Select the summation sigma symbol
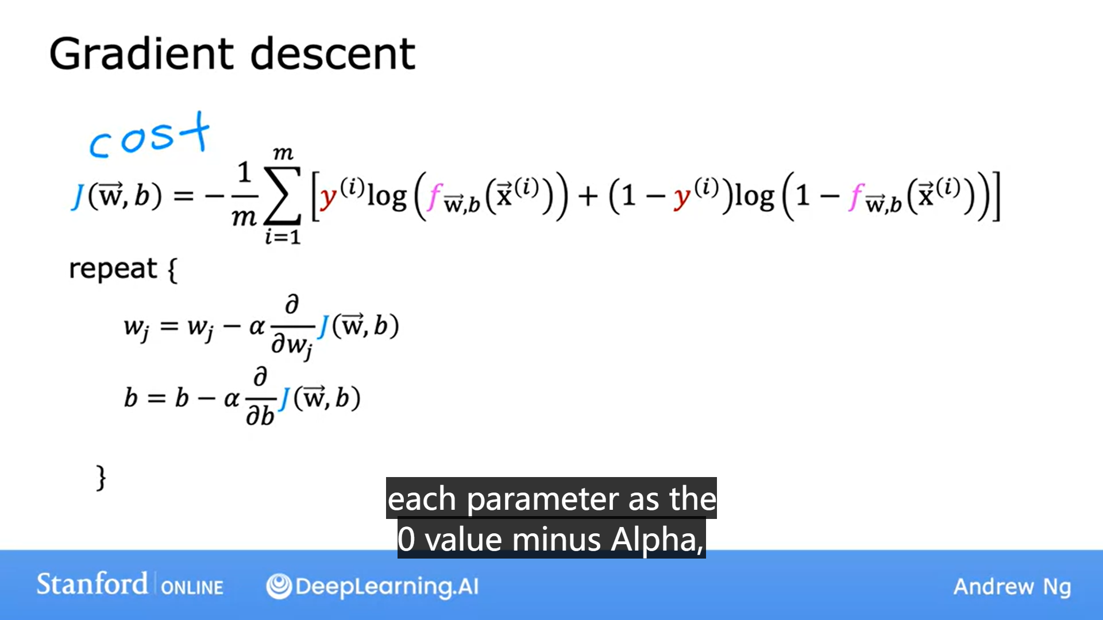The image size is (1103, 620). [x=282, y=196]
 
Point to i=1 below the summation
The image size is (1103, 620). [x=283, y=236]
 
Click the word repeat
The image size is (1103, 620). [x=113, y=269]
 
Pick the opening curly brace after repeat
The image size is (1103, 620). [x=172, y=270]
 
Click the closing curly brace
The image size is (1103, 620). [x=101, y=478]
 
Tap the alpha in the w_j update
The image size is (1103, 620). [x=256, y=327]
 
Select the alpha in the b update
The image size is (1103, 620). [x=232, y=398]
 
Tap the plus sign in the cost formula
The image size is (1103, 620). [x=588, y=196]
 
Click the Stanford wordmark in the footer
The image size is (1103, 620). [x=92, y=584]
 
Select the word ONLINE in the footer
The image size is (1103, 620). [x=192, y=587]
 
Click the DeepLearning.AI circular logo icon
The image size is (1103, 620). [x=279, y=586]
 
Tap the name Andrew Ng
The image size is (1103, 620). [x=1012, y=587]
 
